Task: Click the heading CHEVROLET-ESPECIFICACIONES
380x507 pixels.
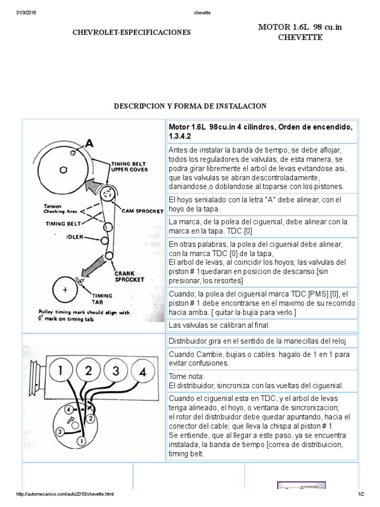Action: click(x=132, y=32)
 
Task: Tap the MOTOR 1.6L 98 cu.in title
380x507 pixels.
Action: click(x=300, y=27)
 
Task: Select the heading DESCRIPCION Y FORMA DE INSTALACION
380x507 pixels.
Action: click(x=190, y=106)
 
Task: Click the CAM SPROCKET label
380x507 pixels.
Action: click(x=146, y=210)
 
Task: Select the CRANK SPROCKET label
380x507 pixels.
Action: click(x=130, y=276)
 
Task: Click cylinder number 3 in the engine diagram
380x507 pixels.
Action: click(x=115, y=371)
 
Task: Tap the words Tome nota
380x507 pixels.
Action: click(x=183, y=376)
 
